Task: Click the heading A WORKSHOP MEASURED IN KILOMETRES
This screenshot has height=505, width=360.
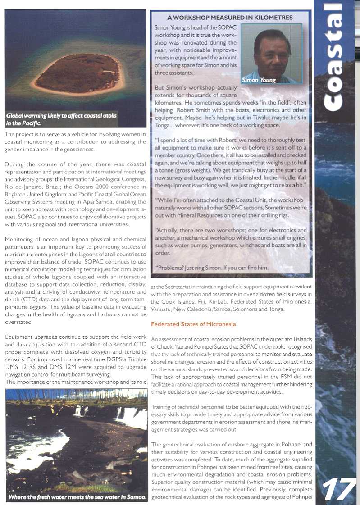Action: point(230,18)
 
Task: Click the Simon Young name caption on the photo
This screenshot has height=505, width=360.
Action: point(259,80)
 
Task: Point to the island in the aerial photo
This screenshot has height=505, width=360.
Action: point(76,73)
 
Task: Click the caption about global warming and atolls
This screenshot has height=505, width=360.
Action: point(61,119)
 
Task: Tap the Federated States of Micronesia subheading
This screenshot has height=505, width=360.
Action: point(193,324)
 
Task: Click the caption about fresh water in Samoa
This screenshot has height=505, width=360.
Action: point(77,497)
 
